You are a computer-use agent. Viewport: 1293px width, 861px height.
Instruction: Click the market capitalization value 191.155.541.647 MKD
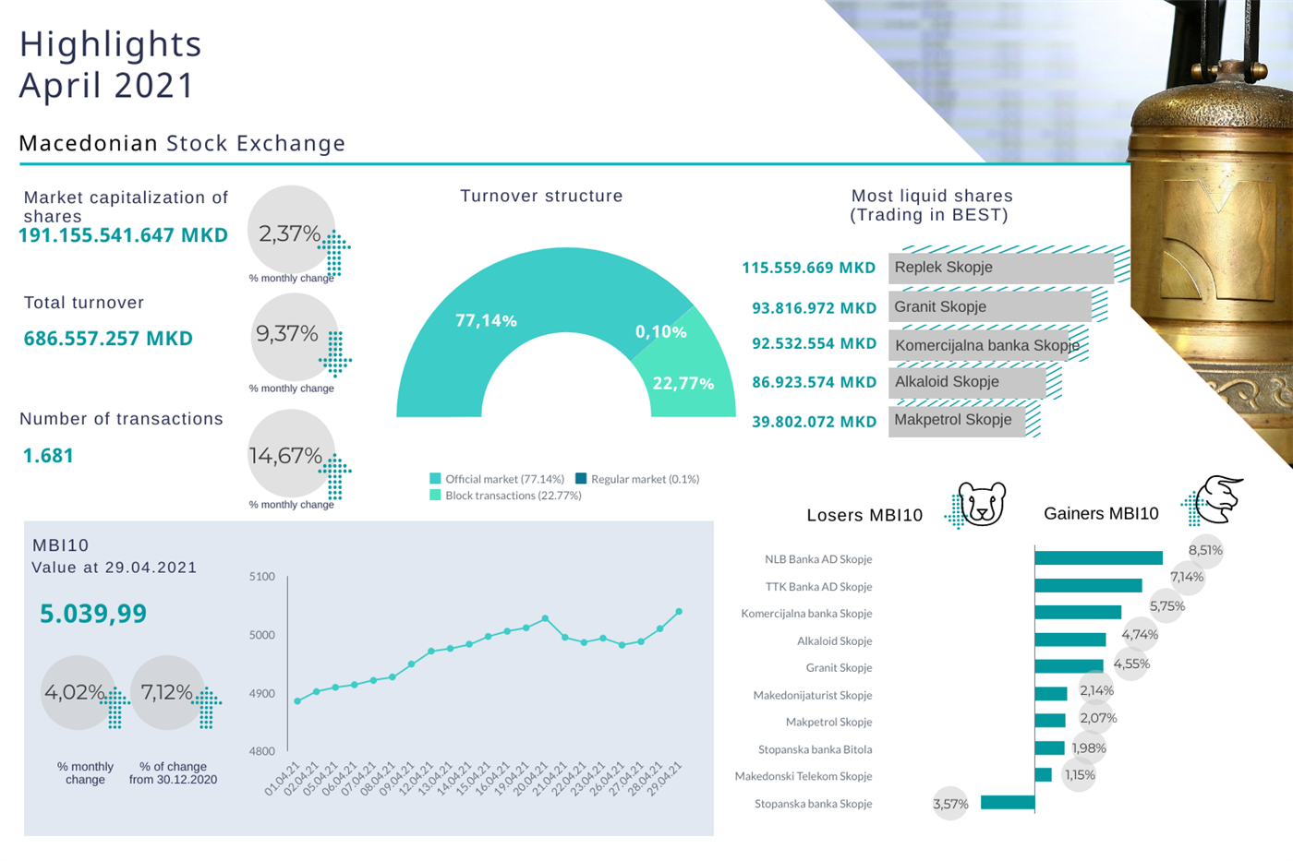tap(123, 235)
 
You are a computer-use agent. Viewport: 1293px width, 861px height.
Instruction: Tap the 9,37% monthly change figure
tap(287, 333)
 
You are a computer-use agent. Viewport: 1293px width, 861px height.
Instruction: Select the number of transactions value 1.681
tap(48, 456)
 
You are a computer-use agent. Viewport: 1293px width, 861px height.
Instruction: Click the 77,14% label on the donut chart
tap(486, 320)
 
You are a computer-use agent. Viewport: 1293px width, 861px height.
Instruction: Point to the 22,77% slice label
tap(683, 383)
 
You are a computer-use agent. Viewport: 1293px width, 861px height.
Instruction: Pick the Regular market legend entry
tap(637, 479)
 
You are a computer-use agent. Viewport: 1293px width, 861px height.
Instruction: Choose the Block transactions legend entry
tap(505, 496)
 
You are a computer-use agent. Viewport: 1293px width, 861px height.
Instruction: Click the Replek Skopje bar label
tap(943, 268)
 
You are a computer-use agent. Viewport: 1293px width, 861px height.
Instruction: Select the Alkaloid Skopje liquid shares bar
tap(966, 382)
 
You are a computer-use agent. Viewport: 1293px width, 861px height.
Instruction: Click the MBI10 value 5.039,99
tap(93, 614)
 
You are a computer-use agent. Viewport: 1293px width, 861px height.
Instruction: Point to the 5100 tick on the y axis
tap(262, 577)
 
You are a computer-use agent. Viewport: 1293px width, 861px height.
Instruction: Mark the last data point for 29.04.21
tap(679, 612)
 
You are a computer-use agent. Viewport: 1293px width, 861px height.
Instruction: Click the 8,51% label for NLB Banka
tap(1205, 550)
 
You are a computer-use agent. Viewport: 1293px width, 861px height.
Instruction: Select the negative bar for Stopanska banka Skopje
tap(1007, 803)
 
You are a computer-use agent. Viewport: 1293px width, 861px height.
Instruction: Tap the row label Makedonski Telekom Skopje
tap(804, 776)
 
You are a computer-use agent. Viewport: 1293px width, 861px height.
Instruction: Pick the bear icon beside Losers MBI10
tap(981, 504)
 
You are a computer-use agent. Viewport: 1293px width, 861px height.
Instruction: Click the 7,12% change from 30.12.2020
tap(166, 692)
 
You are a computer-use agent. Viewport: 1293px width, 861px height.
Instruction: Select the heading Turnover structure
tap(541, 196)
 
